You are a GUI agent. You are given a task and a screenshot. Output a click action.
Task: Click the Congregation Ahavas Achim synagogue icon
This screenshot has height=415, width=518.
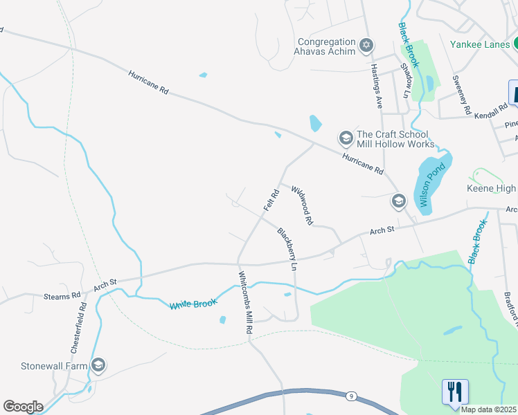tap(367, 46)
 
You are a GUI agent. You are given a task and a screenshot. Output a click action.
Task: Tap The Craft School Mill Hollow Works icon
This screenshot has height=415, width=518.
tap(346, 139)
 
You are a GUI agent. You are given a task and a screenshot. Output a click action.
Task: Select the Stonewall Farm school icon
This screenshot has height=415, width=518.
tap(98, 365)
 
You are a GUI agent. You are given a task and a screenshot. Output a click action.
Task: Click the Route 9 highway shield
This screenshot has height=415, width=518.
tap(352, 396)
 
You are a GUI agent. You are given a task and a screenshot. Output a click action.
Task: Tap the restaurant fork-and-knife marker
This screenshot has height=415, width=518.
tap(455, 391)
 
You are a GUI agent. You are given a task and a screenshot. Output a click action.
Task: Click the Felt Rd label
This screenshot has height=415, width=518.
tap(270, 200)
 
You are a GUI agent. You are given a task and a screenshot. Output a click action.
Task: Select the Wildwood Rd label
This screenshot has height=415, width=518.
tap(303, 205)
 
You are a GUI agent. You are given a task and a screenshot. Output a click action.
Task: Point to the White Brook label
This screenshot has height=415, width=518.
tap(194, 304)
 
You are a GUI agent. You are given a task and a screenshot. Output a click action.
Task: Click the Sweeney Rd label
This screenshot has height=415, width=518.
tap(462, 95)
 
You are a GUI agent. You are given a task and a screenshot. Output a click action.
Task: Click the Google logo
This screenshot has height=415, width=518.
tap(23, 407)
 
